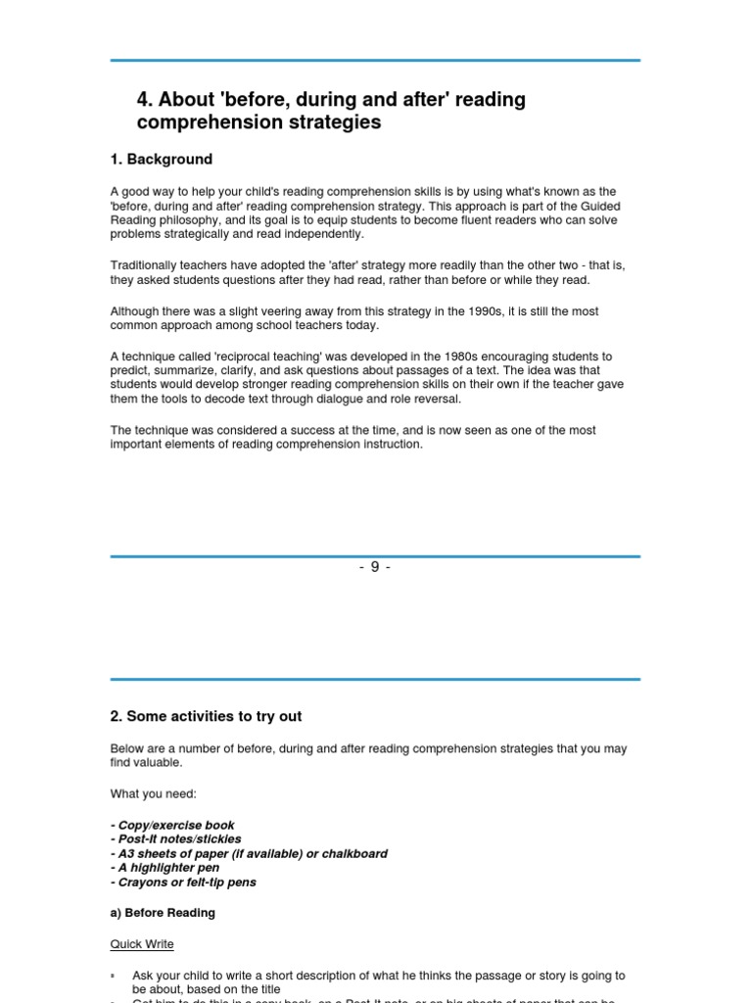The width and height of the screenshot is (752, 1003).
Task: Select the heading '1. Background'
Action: (x=161, y=159)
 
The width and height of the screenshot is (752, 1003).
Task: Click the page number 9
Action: (x=375, y=567)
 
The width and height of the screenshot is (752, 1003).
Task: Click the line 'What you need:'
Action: (x=153, y=793)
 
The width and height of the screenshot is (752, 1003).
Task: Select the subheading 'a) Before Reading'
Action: (x=163, y=913)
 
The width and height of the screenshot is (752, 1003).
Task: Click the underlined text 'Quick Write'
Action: (x=142, y=944)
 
